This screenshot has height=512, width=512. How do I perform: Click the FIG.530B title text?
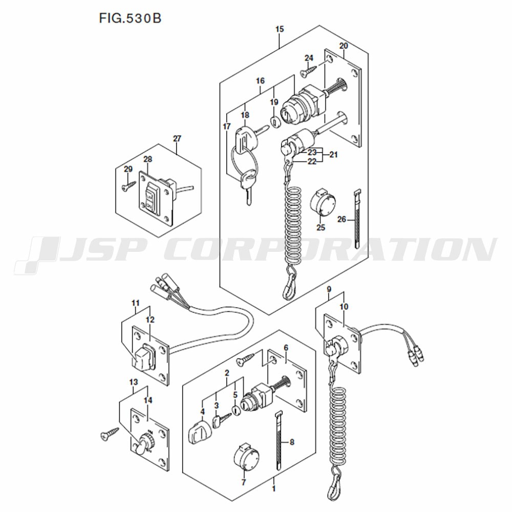(x=130, y=18)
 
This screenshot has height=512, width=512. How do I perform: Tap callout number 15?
(x=280, y=29)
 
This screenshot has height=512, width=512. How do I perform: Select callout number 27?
(x=177, y=138)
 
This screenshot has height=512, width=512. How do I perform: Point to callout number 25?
(x=321, y=227)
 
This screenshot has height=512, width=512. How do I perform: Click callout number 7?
(x=243, y=482)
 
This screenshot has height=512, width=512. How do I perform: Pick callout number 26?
(x=342, y=219)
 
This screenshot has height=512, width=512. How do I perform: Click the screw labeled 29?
(x=129, y=186)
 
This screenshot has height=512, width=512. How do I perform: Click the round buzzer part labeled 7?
(x=247, y=457)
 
